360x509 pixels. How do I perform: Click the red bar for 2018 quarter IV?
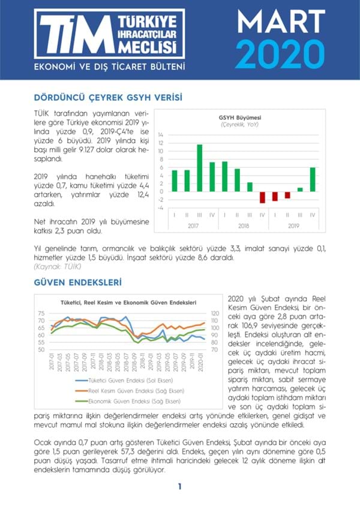point(262,197)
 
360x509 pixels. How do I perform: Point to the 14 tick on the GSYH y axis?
point(160,135)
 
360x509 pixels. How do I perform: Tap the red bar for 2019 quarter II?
point(287,195)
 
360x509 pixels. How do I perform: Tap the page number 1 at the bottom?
point(179,487)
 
